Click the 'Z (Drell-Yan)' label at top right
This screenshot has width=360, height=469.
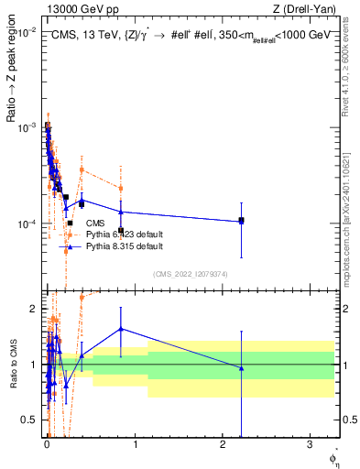point(303,9)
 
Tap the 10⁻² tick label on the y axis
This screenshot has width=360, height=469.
point(28,31)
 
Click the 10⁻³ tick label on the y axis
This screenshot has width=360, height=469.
point(28,126)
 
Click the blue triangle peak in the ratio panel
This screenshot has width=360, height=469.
point(121,329)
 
